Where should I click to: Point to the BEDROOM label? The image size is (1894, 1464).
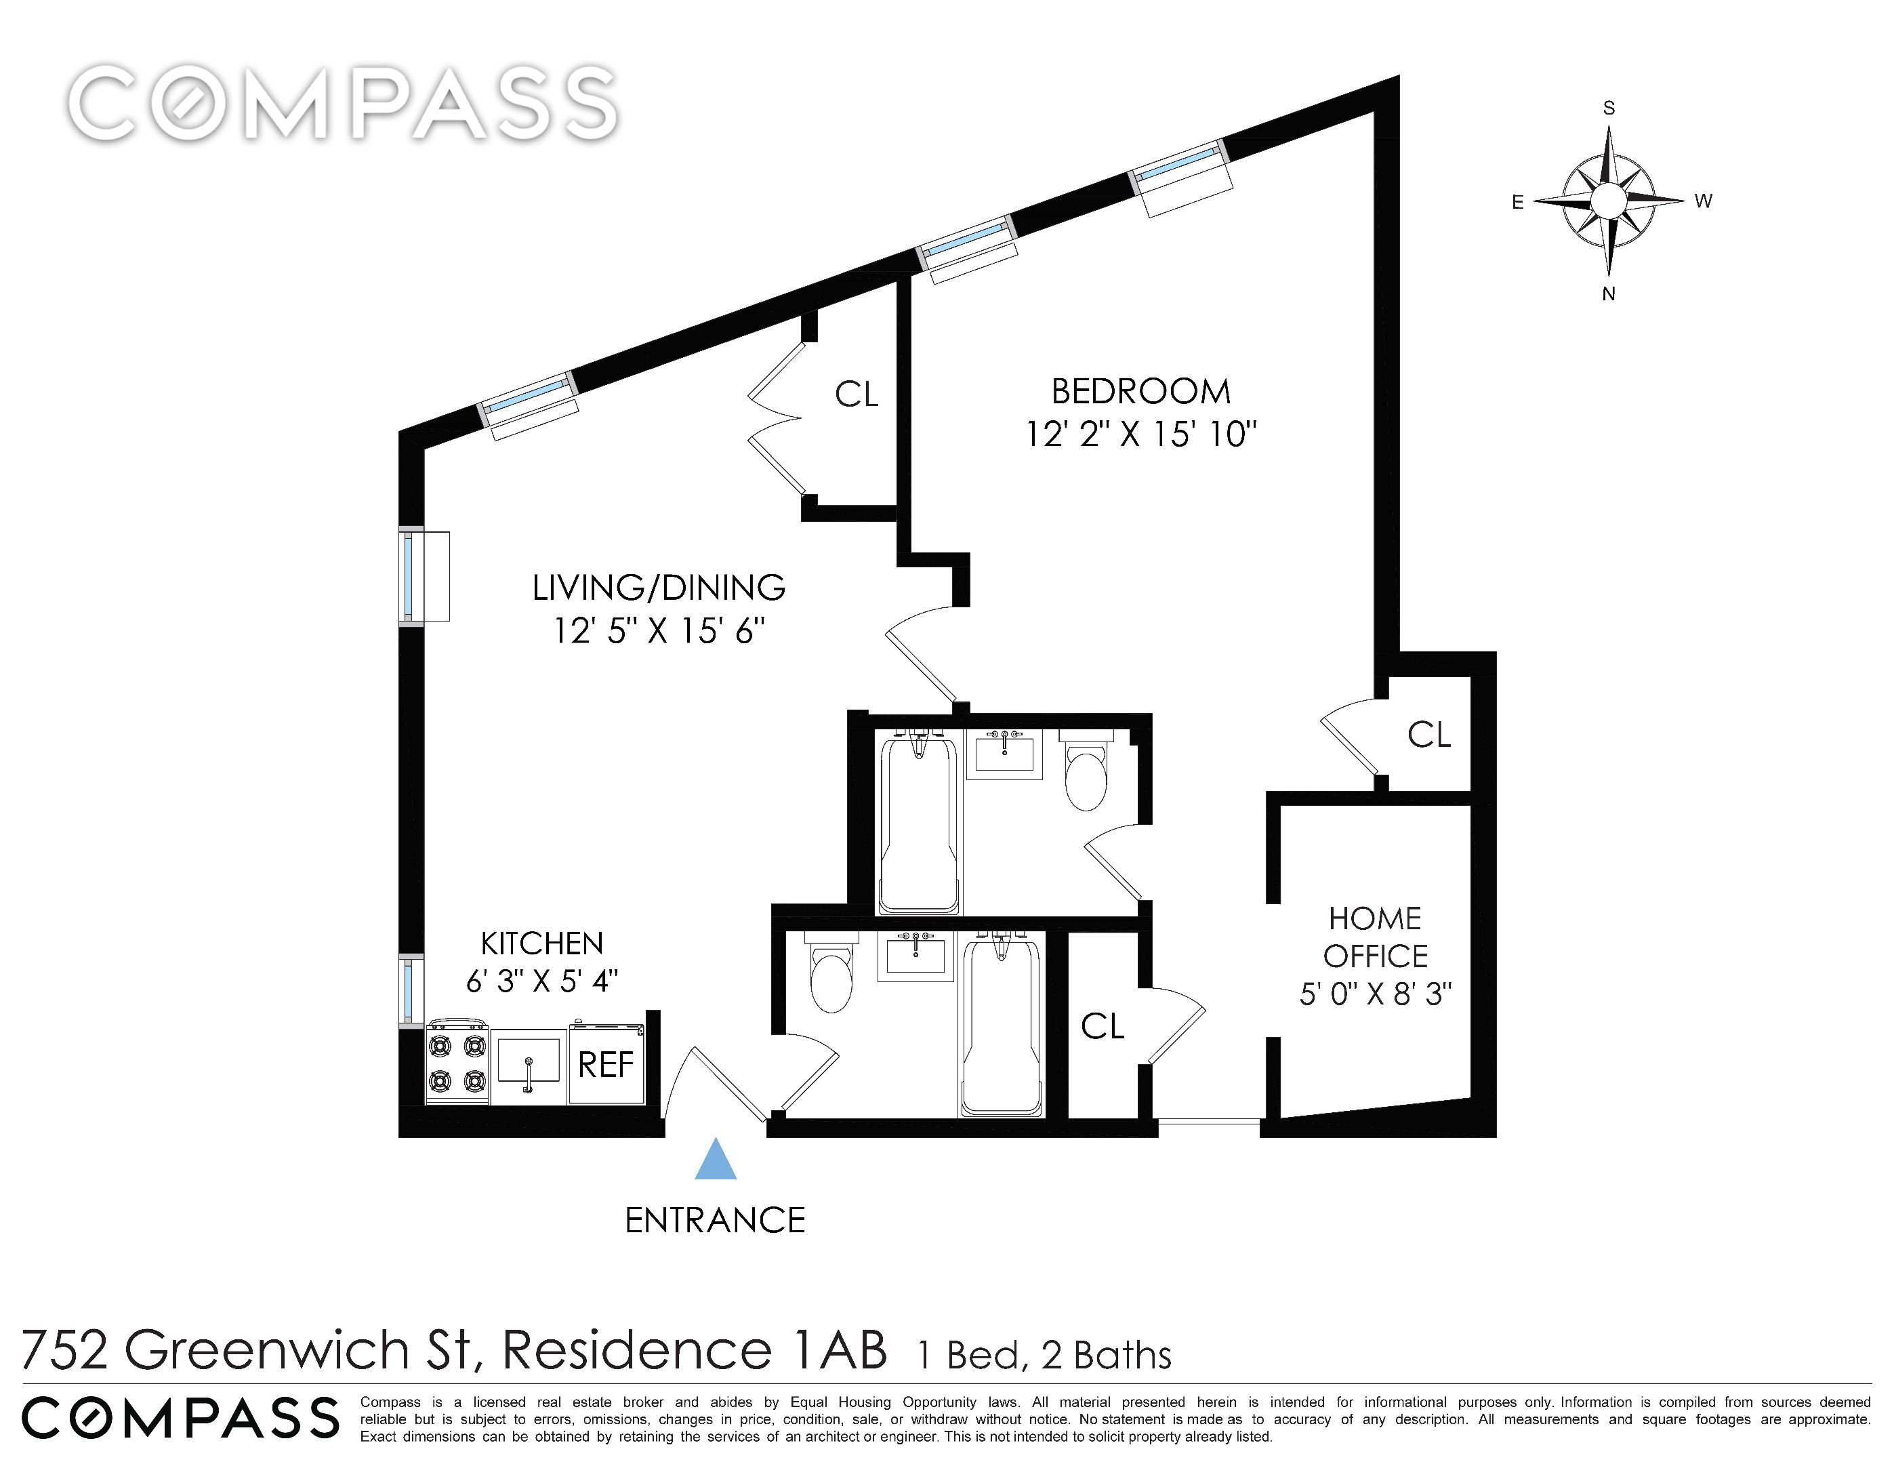pyautogui.click(x=1141, y=392)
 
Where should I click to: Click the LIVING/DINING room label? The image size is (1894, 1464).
pyautogui.click(x=659, y=588)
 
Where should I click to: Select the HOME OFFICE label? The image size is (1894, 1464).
pyautogui.click(x=1376, y=937)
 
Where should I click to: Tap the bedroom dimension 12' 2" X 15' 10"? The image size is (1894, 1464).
pyautogui.click(x=1141, y=434)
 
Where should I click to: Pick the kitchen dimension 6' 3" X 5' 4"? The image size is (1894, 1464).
pyautogui.click(x=542, y=981)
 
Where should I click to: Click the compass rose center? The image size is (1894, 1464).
pyautogui.click(x=1609, y=201)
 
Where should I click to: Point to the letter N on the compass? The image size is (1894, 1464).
pyautogui.click(x=1609, y=294)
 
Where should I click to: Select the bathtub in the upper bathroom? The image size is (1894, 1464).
pyautogui.click(x=920, y=821)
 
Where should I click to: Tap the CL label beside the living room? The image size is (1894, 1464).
pyautogui.click(x=857, y=394)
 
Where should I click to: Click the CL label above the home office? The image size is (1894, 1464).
pyautogui.click(x=1429, y=735)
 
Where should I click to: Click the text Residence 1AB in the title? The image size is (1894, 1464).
pyautogui.click(x=695, y=1349)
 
